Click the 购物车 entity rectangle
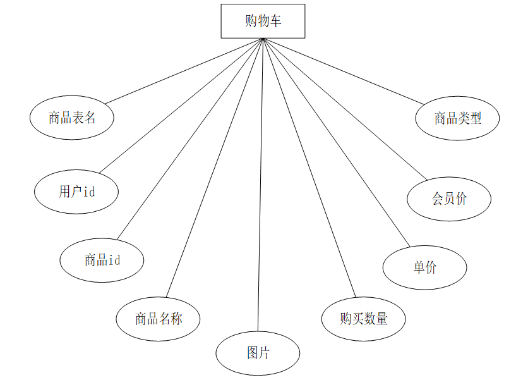263,21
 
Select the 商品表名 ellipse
72,118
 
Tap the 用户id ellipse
76,192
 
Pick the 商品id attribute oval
102,260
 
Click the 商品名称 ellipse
158,318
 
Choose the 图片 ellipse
258,353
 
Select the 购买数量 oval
363,318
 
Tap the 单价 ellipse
424,267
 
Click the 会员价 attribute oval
449,199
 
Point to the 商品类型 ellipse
457,118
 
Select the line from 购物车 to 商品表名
183,71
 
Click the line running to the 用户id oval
181,105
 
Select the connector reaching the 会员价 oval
345,108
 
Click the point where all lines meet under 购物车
263,39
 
